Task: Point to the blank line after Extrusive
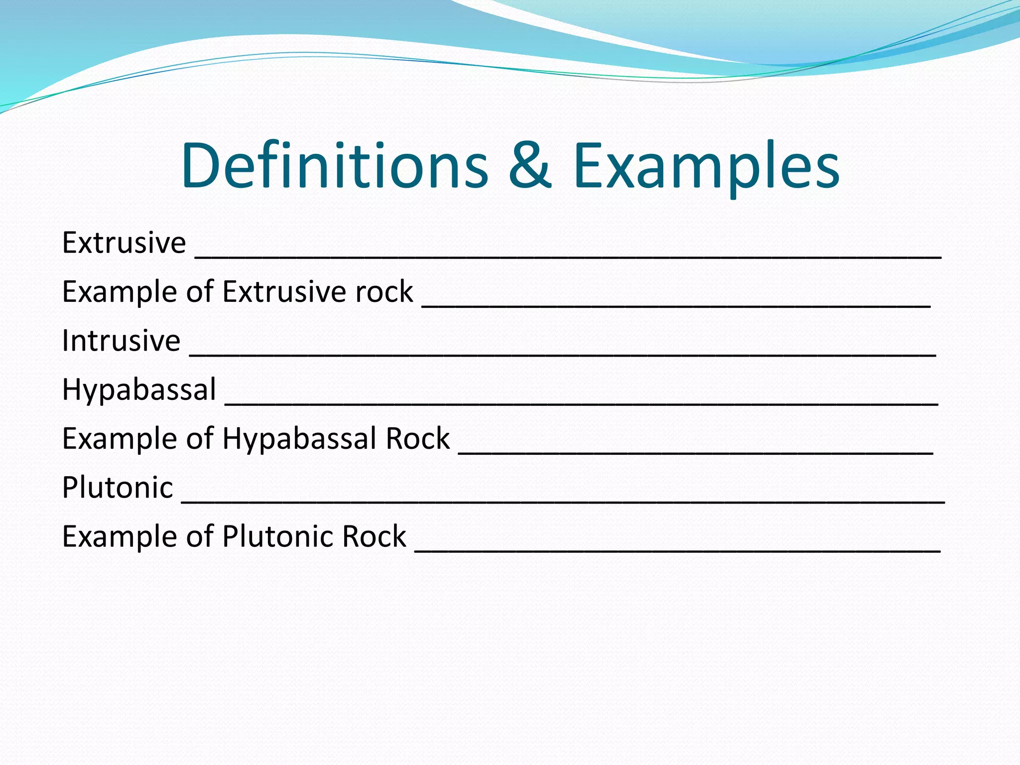click(x=568, y=255)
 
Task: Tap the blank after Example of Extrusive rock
click(x=676, y=304)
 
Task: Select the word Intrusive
click(x=121, y=341)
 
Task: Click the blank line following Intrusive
click(x=563, y=353)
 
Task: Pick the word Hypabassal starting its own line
click(x=139, y=389)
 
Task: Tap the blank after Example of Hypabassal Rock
click(x=695, y=451)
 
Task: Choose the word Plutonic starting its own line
click(x=118, y=487)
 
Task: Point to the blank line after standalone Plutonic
click(x=563, y=500)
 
